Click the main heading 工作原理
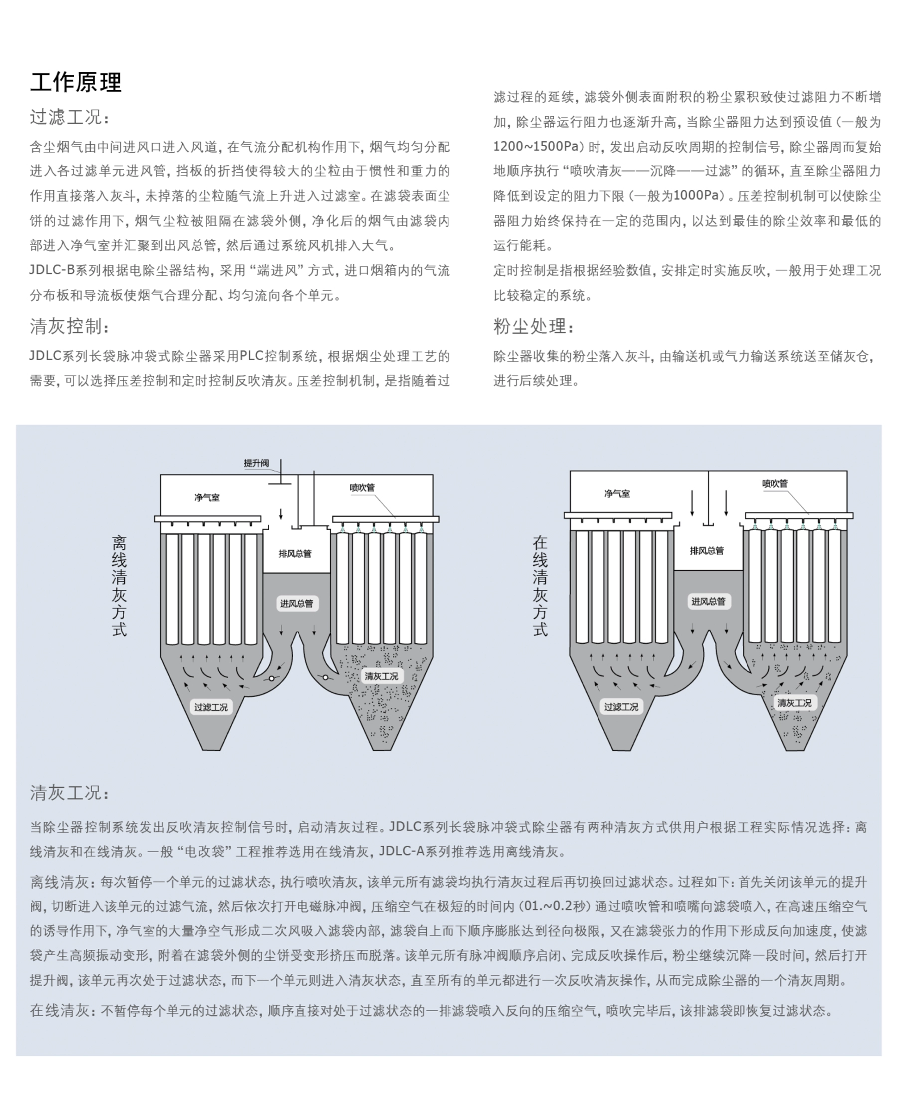75,83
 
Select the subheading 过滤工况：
69,117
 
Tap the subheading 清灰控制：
69,326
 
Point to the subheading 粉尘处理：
533,326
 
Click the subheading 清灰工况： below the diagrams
69,793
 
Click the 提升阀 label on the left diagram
256,463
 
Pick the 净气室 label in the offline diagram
207,498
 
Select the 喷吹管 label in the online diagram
775,484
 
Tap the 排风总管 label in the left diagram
295,554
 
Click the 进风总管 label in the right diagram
708,601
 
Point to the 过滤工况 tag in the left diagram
210,707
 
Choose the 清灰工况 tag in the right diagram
794,703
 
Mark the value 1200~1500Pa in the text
535,147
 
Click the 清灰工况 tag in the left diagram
381,676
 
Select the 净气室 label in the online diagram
617,494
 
